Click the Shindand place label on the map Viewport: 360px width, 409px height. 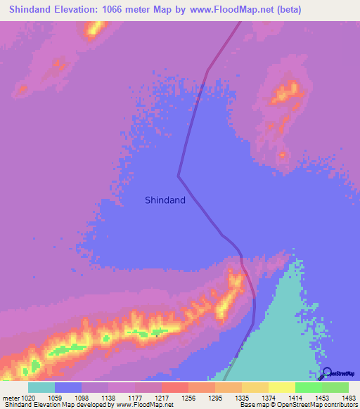point(165,200)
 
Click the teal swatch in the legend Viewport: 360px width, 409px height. point(41,387)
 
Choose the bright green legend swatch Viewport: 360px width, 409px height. point(309,387)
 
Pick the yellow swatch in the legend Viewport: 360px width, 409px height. point(282,387)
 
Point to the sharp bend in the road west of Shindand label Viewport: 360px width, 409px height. point(179,175)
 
